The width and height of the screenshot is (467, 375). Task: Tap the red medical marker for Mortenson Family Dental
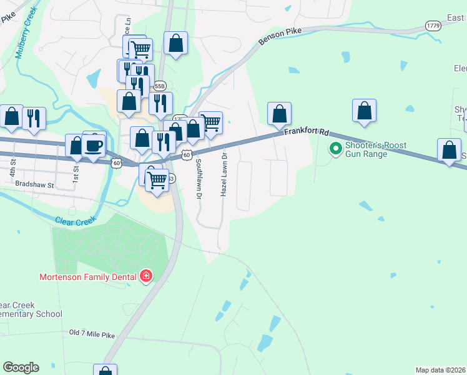146,276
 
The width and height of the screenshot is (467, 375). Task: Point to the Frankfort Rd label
307,132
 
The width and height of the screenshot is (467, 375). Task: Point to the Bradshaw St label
35,185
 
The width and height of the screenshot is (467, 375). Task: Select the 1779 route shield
433,26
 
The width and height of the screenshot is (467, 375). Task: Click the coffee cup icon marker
94,146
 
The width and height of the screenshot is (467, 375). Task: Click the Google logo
20,367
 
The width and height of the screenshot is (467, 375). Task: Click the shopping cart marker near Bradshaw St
157,181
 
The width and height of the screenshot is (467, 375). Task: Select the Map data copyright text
440,370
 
